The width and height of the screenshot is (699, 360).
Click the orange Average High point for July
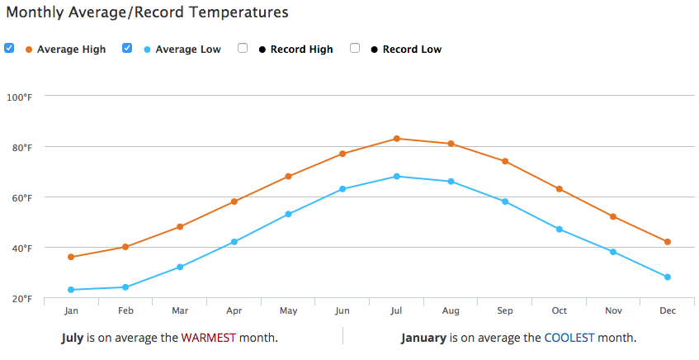(396, 139)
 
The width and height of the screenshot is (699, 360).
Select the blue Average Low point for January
(71, 290)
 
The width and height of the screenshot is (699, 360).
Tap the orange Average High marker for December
(668, 242)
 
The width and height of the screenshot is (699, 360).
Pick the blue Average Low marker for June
(342, 189)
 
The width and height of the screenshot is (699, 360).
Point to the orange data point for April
(234, 201)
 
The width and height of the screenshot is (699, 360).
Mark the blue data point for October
(559, 230)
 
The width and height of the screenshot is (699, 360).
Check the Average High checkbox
(9, 48)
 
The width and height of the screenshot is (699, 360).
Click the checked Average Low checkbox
(127, 48)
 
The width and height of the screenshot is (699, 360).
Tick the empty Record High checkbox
(243, 48)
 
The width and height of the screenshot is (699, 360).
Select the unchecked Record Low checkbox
(355, 48)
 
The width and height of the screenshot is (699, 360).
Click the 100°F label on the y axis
(19, 97)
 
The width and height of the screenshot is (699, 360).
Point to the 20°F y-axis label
(21, 299)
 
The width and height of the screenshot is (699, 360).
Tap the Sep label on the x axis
(504, 311)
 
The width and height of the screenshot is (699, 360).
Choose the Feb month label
(125, 311)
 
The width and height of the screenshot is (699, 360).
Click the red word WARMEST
(208, 338)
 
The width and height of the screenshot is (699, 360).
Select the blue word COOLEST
(569, 338)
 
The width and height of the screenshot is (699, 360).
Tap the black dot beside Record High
(262, 50)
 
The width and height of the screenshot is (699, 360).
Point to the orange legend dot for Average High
(29, 50)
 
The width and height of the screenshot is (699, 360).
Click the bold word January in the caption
(423, 339)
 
